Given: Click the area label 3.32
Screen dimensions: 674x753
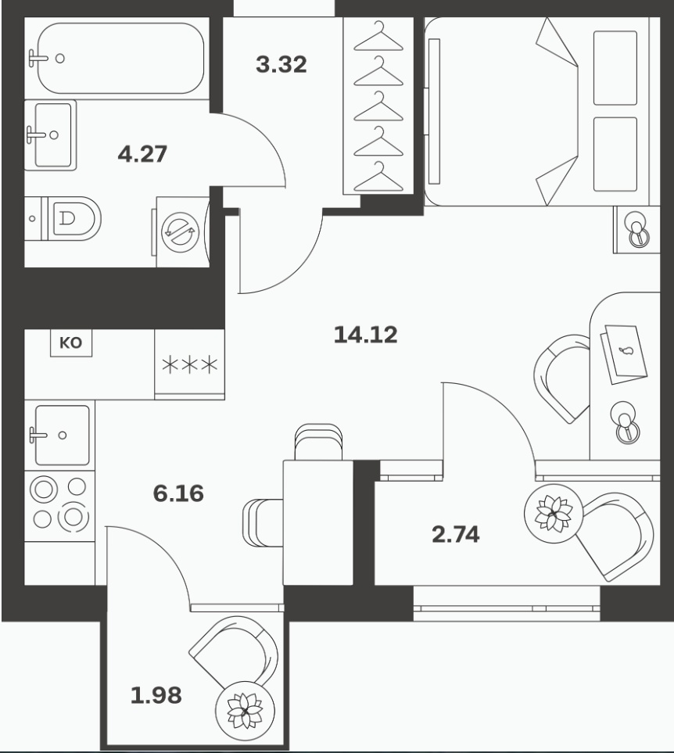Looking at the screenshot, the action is tap(281, 64).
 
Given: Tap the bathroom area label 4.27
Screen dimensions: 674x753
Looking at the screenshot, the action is tap(142, 154).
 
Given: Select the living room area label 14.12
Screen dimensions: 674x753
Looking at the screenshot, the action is tap(366, 334).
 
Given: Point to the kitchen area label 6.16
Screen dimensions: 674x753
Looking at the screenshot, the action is tap(178, 493).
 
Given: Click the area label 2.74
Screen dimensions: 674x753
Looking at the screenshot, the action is tap(456, 534).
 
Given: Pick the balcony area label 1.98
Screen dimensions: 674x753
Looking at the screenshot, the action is tap(156, 695).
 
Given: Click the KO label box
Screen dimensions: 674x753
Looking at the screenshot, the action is tap(71, 343).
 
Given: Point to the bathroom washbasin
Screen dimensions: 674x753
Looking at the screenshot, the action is tap(50, 135).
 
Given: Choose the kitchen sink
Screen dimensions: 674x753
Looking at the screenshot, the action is tap(59, 435).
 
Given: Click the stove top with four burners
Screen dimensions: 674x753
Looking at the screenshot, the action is tap(59, 506).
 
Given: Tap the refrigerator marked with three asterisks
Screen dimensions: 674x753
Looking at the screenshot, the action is tap(190, 364).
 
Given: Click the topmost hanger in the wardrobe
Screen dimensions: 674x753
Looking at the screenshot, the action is tap(378, 37).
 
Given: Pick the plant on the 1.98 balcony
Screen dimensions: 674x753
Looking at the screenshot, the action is tap(246, 710).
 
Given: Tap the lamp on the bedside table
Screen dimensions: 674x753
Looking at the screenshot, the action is tap(637, 231).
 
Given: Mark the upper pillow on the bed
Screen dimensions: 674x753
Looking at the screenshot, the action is tap(615, 68).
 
